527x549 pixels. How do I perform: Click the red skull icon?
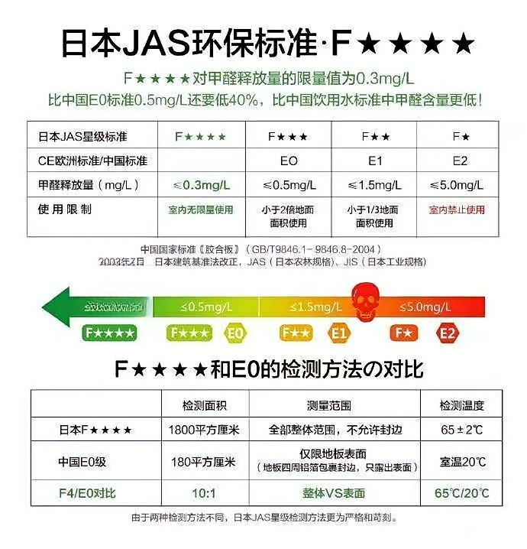(x=364, y=300)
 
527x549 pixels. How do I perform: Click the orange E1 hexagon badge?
(x=339, y=333)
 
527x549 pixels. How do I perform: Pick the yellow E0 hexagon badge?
(x=235, y=333)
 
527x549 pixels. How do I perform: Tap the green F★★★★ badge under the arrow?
(x=111, y=333)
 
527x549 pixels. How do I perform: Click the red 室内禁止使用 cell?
(x=457, y=210)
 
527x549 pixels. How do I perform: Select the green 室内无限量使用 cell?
(x=201, y=210)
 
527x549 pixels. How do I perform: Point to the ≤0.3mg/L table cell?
(x=201, y=185)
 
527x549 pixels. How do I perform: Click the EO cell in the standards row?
(x=288, y=161)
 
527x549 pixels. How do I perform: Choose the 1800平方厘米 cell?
(x=204, y=430)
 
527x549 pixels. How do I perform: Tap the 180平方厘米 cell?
(x=204, y=462)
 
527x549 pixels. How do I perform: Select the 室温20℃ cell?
(x=462, y=462)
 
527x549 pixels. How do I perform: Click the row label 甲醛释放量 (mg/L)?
(x=82, y=185)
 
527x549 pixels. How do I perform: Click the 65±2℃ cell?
(x=462, y=430)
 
